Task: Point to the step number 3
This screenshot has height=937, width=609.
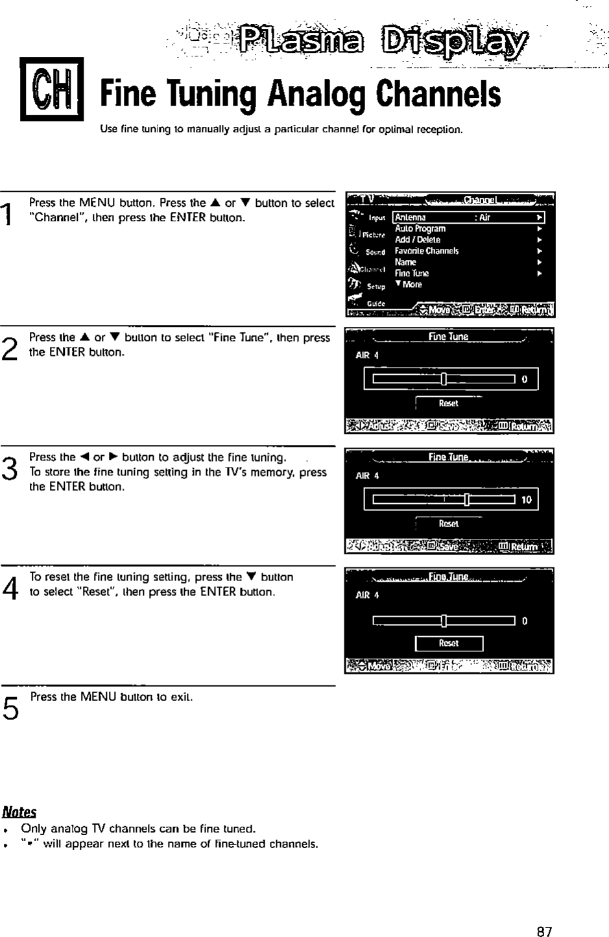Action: [8, 467]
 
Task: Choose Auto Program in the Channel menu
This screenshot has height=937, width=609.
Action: [420, 229]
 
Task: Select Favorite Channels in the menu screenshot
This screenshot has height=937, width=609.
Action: [427, 251]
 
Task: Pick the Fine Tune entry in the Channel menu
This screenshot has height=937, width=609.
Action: [412, 274]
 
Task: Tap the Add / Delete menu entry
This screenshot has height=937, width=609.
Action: [418, 240]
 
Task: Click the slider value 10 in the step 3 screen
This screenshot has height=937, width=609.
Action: [526, 500]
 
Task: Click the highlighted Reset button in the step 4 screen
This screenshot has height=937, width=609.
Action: [449, 643]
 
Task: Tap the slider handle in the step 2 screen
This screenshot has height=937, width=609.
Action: [444, 379]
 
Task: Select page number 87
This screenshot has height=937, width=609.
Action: [544, 931]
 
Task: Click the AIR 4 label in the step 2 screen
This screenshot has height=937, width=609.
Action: [367, 355]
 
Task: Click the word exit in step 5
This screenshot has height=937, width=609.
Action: [181, 697]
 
